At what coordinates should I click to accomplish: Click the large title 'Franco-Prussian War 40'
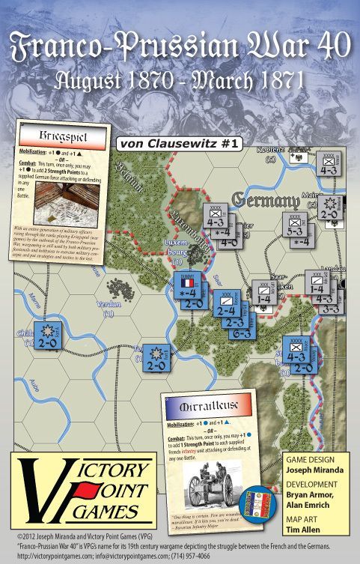[180, 46]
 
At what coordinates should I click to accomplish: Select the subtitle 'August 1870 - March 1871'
[180, 79]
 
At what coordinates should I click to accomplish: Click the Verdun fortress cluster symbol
[118, 287]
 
